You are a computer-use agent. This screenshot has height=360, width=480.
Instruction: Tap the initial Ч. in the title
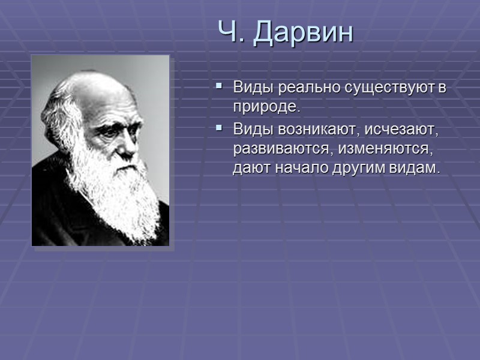coord(232,33)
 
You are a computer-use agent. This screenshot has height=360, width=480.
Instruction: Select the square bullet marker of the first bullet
coord(219,87)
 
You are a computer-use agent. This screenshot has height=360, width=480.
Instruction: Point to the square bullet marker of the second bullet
coord(219,128)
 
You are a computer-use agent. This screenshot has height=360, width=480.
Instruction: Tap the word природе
coord(265,108)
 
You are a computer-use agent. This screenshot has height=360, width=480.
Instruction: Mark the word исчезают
coord(397,129)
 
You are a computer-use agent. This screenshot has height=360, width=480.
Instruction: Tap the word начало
coord(296,169)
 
